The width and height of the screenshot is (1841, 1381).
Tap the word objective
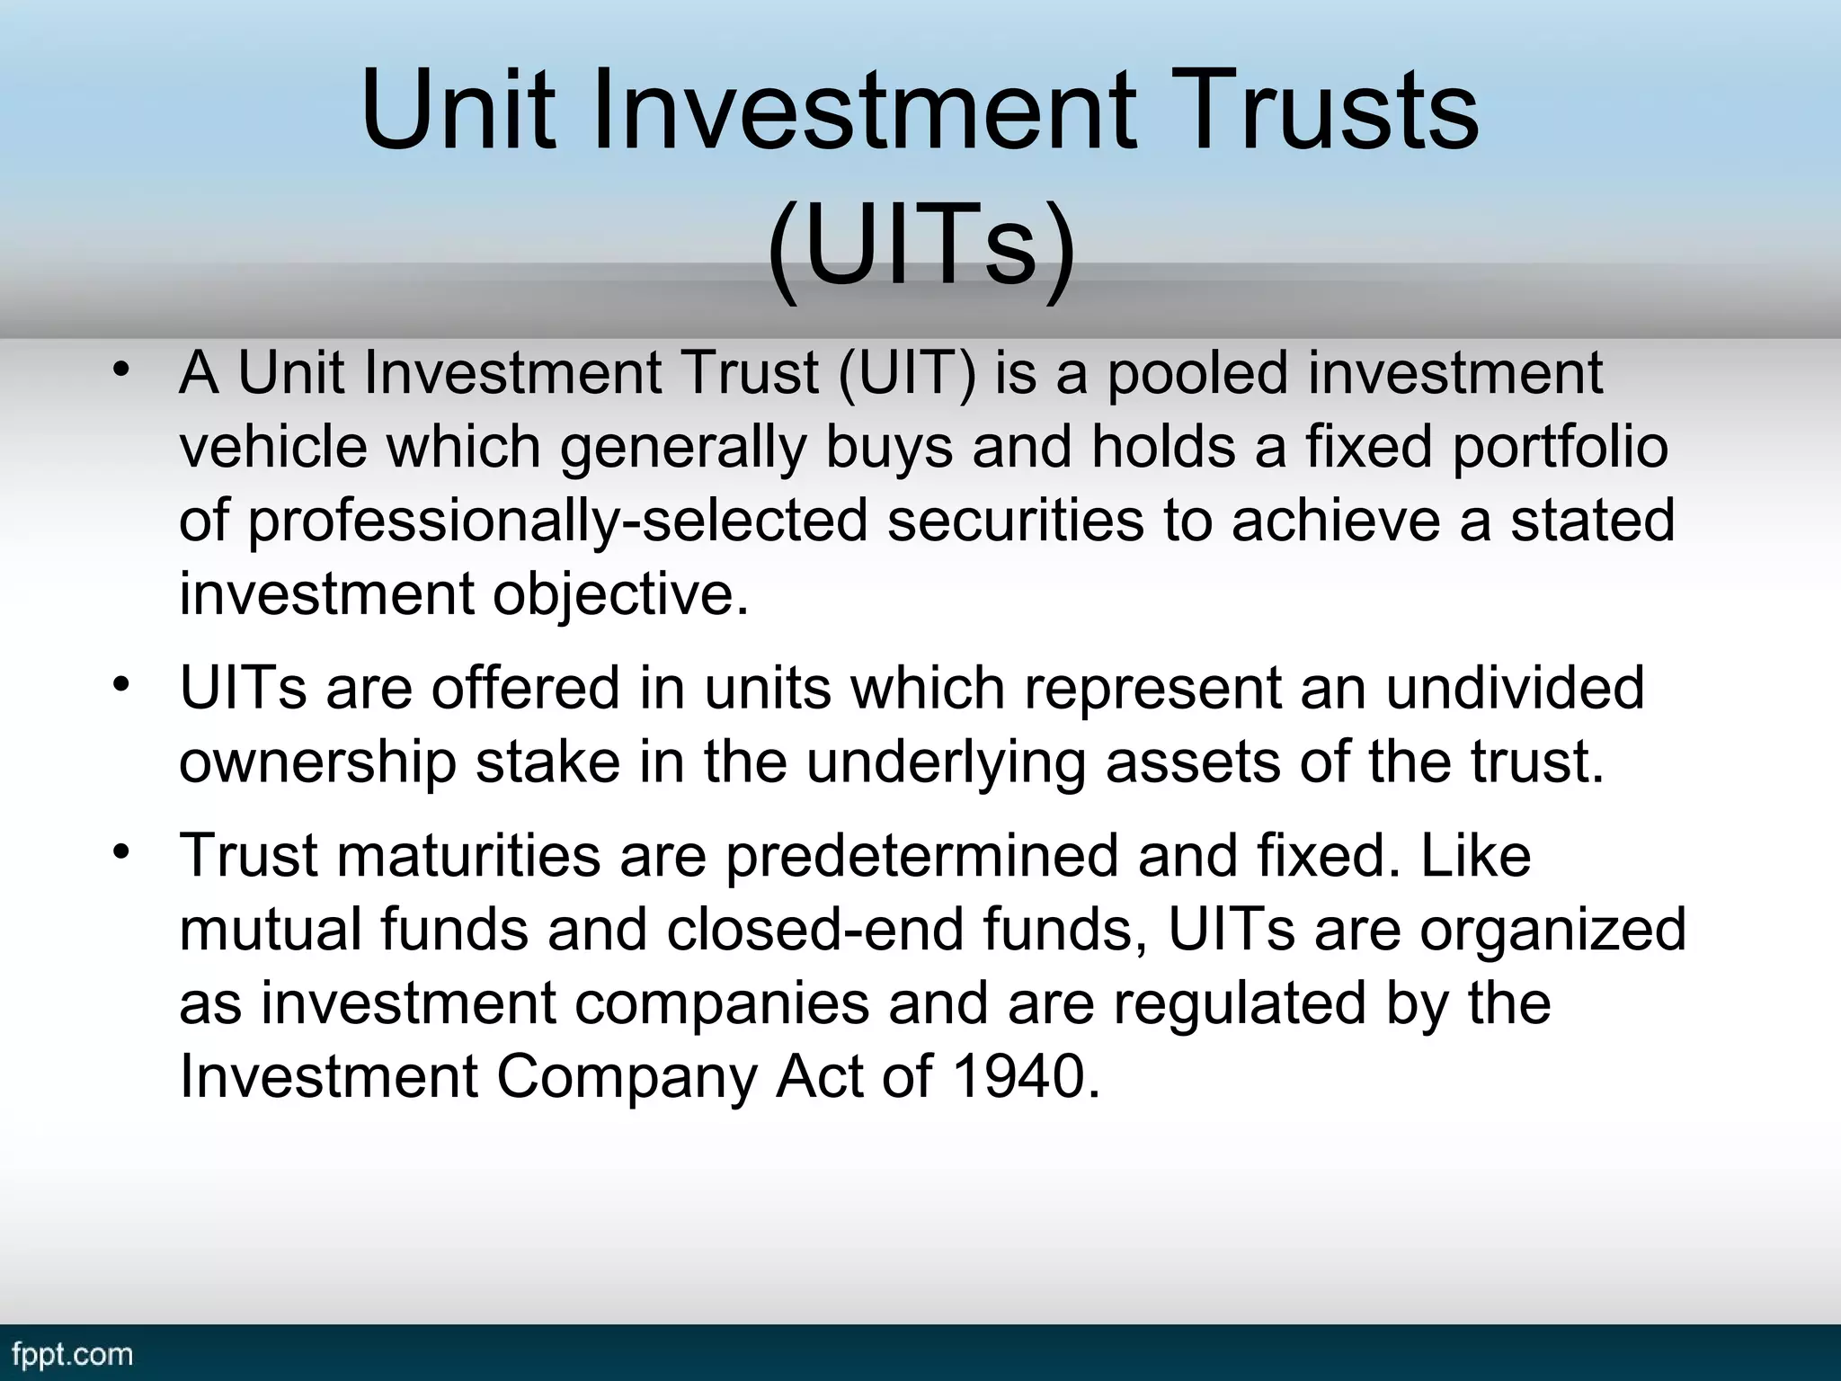[x=619, y=595]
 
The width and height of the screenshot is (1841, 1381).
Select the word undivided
[x=1515, y=688]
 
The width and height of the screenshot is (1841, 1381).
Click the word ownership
[x=318, y=762]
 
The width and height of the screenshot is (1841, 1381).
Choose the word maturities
[x=468, y=855]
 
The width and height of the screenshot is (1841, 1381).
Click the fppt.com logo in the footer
[x=73, y=1354]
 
